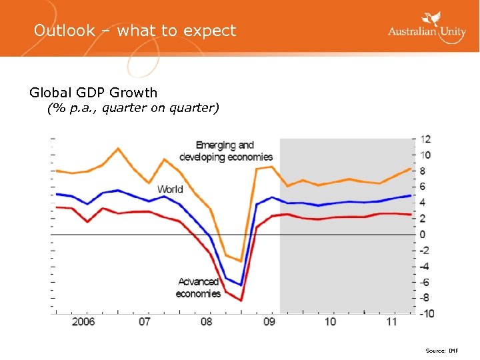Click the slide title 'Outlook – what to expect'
[x=135, y=31]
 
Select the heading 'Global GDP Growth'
[x=93, y=93]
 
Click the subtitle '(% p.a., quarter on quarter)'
[x=133, y=108]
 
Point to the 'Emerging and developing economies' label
[x=225, y=151]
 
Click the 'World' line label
[x=170, y=189]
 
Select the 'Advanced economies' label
[x=198, y=287]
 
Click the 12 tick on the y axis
[x=425, y=139]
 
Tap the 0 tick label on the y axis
[x=423, y=235]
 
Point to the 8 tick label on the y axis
[x=423, y=171]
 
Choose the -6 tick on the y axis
[x=424, y=282]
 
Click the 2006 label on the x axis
[x=83, y=322]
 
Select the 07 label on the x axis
[x=144, y=322]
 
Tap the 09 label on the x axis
[x=269, y=322]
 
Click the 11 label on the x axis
[x=391, y=322]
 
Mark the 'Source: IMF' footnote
[x=442, y=350]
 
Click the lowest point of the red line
[x=241, y=301]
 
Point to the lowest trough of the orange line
[x=241, y=261]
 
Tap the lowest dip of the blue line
[x=241, y=285]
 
